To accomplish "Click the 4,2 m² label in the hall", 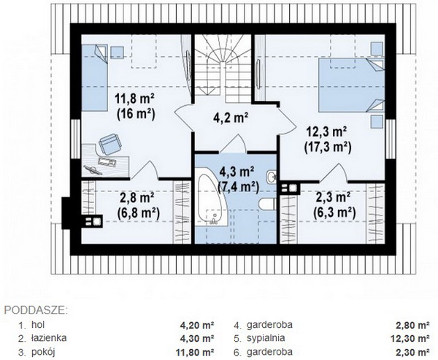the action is point(231,118).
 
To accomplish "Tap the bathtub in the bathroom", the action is point(212,196).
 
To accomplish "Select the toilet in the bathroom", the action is point(267,203).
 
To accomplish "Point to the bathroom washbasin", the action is point(272,177).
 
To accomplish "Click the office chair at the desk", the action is point(109,144).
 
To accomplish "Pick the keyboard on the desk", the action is point(107,162).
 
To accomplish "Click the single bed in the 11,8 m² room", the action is point(95,77).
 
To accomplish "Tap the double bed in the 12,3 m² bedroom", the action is point(352,85).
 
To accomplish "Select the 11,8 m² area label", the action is point(135,99).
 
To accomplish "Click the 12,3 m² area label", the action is point(327,131).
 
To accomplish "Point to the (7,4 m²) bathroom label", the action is point(238,186).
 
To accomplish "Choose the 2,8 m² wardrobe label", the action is point(137,198).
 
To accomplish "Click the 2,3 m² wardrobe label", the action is point(333,198).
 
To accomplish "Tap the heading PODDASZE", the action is point(36,310).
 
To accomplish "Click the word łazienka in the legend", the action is point(49,338).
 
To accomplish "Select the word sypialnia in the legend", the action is point(266,338).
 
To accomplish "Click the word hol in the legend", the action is point(38,324).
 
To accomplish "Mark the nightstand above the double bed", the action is point(377,48).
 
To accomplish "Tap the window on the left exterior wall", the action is point(75,139).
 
